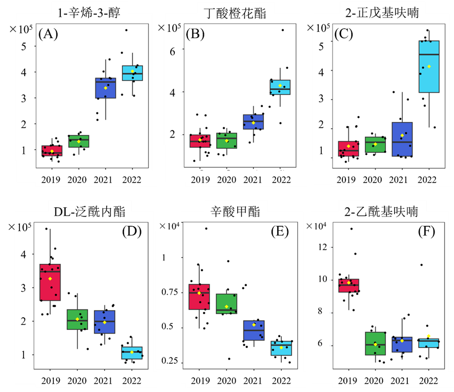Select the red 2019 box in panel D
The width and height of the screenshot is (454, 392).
pos(50,282)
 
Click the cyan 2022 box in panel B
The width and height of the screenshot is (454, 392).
pos(280,87)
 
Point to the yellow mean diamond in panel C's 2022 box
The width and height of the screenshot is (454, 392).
pos(429,67)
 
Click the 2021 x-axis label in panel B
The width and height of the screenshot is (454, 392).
pos(254,180)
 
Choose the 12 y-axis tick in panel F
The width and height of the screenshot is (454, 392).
pos(321,247)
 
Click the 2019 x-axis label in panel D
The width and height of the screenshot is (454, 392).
pos(50,381)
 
